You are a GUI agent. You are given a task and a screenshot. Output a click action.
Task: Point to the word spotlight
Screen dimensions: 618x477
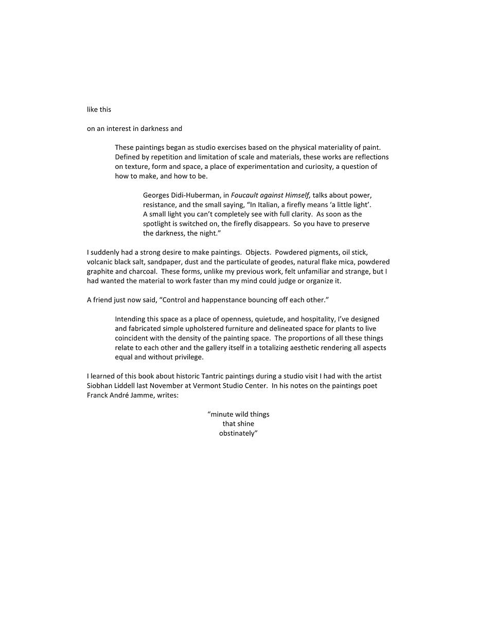pos(157,224)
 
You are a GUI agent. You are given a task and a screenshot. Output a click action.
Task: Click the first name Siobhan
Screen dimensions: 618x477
pos(100,386)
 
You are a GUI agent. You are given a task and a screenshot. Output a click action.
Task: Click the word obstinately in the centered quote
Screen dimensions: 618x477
pos(238,433)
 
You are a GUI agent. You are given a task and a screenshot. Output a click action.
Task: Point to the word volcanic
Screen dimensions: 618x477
pos(100,262)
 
